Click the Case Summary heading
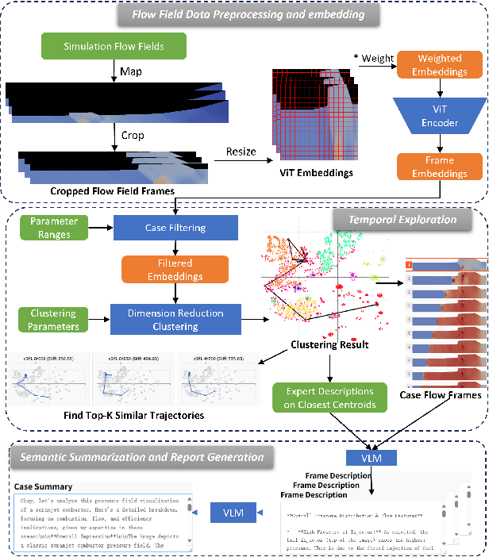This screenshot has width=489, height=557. point(43,486)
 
